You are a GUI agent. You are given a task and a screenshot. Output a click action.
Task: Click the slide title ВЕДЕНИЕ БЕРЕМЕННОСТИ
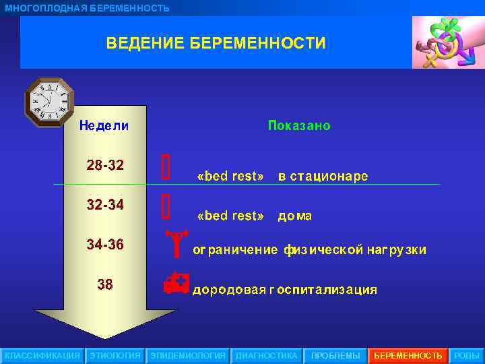216,44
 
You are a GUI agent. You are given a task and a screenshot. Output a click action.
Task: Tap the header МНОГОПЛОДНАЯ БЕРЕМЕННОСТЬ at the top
87,8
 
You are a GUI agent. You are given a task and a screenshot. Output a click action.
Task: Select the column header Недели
104,126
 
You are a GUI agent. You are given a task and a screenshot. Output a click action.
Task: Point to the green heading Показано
299,126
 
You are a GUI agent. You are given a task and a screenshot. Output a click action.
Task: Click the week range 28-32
105,165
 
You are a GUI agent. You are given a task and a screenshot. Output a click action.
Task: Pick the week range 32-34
105,204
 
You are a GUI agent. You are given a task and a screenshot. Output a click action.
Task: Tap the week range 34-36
105,244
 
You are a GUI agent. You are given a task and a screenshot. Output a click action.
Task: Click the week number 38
105,284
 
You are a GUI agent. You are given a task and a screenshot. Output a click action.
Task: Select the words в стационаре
323,177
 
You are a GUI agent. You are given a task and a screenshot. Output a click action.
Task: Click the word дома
295,216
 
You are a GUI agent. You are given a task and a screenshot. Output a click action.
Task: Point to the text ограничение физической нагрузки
310,250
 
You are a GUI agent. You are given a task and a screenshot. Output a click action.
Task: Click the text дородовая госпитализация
285,291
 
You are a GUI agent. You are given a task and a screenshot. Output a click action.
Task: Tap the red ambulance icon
177,284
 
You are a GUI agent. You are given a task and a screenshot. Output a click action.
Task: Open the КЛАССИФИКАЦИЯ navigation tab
42,355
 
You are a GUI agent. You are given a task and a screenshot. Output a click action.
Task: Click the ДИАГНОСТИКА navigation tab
266,355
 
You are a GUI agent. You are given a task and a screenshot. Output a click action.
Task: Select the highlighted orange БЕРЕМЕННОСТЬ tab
408,355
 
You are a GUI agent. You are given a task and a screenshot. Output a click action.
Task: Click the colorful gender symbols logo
444,42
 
